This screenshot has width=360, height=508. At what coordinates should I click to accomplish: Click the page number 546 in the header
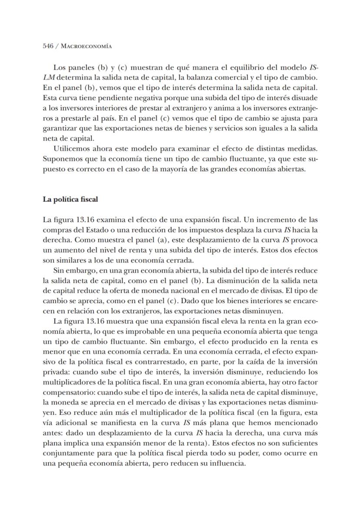pos(48,46)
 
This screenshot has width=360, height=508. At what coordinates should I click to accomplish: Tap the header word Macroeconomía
pos(87,46)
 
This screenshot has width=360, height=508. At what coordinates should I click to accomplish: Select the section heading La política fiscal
pos(70,199)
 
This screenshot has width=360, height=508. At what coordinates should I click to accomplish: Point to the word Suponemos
pos(60,160)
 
